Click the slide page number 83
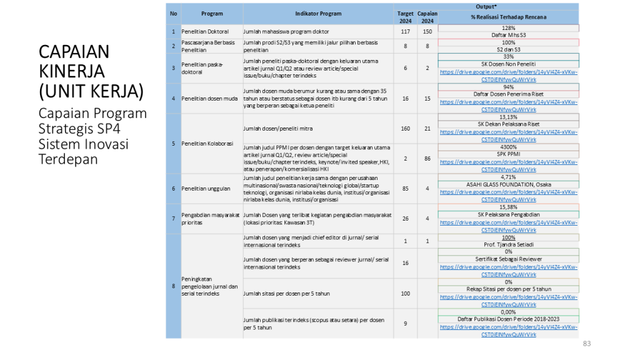586,344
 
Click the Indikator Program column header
318,13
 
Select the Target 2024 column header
406,17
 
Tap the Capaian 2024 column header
427,17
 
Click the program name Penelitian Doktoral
205,31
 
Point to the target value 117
406,31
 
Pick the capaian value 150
427,31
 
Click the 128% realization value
508,28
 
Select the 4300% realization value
508,147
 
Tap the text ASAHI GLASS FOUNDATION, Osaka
508,184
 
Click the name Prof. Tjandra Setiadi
508,244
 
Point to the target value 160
406,129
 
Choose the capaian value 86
427,159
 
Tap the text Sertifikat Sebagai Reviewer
508,259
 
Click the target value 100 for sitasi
406,293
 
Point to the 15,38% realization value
508,207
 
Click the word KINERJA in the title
71,71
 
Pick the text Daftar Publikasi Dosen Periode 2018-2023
508,319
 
